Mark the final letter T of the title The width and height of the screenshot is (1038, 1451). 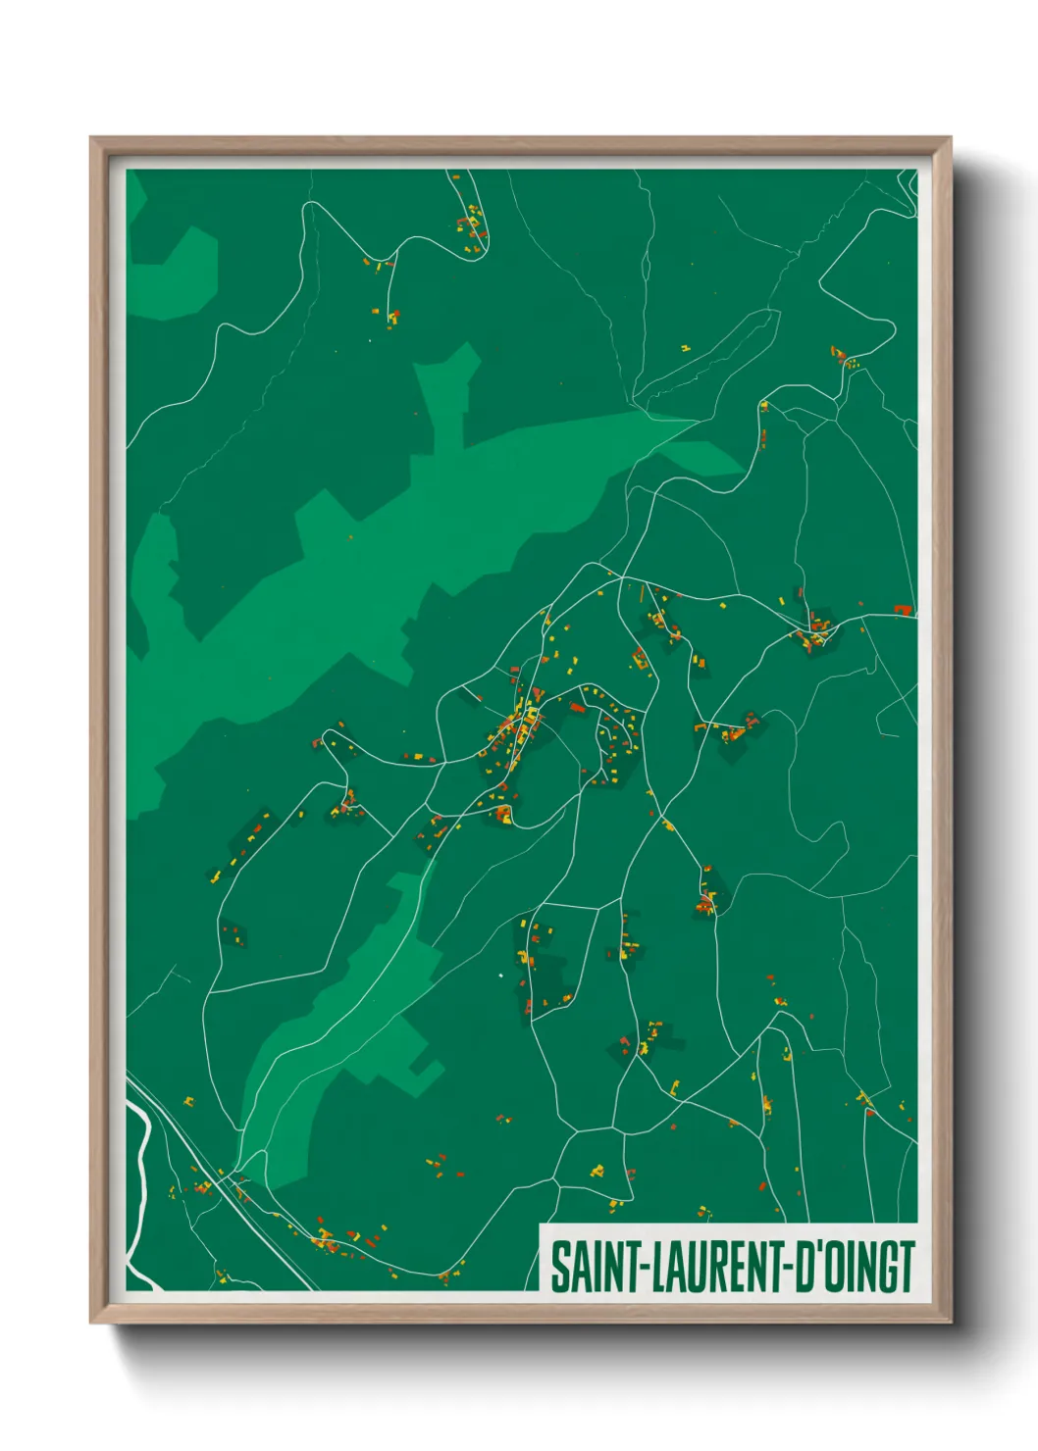tap(907, 1267)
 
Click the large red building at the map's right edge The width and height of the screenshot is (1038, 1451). tap(902, 610)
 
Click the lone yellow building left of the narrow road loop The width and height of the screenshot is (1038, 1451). tap(685, 347)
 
